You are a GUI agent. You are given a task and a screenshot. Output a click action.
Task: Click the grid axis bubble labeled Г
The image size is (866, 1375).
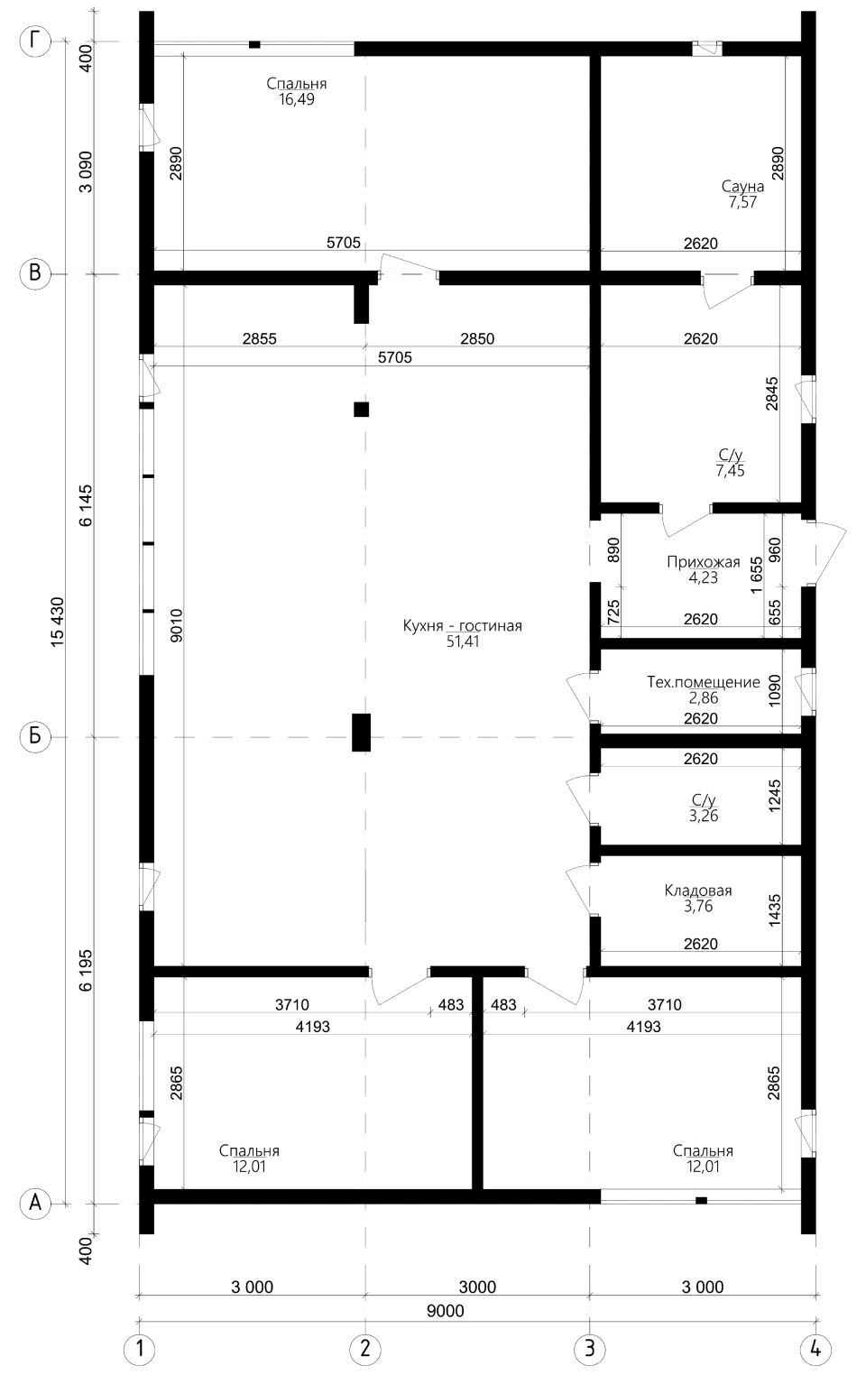35,42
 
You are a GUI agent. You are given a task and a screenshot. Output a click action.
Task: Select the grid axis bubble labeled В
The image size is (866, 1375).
35,272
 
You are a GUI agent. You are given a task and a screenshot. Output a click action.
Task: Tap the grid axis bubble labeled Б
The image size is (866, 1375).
35,735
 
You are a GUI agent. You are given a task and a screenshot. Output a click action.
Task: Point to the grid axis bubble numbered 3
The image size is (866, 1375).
590,1349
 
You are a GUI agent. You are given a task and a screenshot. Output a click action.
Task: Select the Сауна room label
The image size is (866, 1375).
742,186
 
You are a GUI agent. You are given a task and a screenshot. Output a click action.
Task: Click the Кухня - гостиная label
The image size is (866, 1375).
462,626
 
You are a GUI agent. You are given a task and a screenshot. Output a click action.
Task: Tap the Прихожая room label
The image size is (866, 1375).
704,562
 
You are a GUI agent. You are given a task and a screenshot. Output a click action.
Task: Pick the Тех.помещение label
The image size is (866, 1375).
704,682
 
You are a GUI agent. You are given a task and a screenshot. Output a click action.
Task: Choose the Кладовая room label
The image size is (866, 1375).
698,891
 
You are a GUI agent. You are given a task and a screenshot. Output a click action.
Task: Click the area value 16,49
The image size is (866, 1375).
297,99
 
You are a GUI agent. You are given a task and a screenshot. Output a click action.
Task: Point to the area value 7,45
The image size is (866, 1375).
731,471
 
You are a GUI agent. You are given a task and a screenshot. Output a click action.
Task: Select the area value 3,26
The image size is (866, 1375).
704,816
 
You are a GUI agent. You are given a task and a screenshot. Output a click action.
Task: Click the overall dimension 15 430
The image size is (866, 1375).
57,622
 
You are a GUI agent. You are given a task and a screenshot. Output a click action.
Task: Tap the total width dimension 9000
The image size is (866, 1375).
446,1311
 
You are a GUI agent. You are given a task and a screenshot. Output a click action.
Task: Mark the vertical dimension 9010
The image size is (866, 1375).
176,625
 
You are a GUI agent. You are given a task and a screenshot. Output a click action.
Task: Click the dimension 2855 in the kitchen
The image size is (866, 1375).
260,338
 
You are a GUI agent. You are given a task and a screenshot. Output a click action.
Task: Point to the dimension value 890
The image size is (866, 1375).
613,550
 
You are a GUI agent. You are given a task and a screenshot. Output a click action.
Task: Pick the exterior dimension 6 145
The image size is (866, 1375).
85,505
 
